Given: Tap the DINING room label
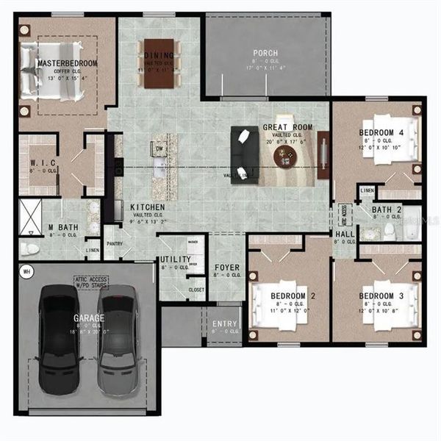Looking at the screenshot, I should [159, 55].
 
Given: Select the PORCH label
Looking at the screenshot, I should [265, 53].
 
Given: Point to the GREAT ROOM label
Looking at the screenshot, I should [288, 127].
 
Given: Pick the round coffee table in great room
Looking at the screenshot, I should [285, 157].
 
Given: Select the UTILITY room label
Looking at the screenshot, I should [176, 259].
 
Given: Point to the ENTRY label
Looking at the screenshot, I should [224, 323].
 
